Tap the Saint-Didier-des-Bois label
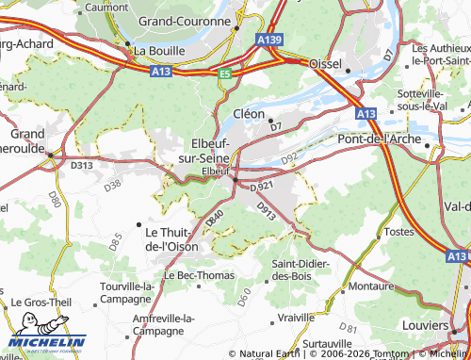click(x=300, y=270)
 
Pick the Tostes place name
click(x=399, y=231)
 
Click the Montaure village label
click(x=371, y=285)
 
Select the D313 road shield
click(x=82, y=166)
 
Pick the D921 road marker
click(x=263, y=187)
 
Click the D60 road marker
click(x=243, y=299)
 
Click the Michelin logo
click(x=47, y=341)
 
